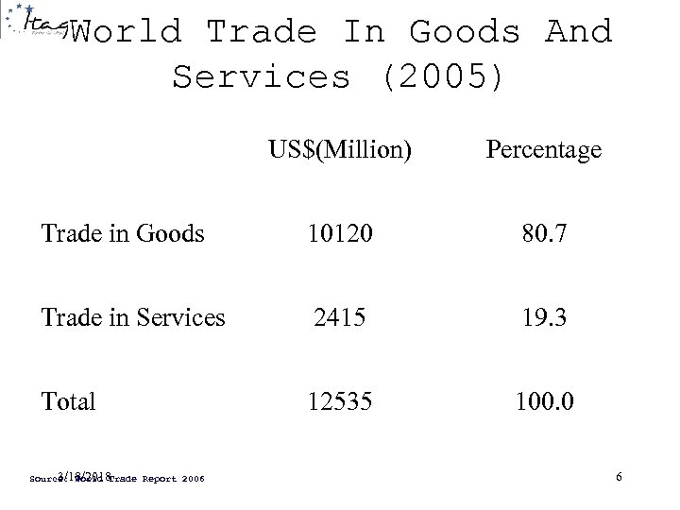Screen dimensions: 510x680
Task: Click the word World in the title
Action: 126,33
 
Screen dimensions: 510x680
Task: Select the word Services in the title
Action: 261,77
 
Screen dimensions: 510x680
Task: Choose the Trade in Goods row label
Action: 123,232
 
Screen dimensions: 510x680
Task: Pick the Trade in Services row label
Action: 133,316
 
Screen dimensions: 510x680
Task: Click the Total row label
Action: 68,401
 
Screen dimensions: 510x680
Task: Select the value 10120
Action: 340,232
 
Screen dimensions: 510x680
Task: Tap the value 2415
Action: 340,316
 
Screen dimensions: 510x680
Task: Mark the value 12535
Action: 340,401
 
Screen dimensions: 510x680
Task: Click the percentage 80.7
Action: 543,232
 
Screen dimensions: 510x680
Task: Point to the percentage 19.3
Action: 543,316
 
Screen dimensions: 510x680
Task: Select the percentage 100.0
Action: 543,401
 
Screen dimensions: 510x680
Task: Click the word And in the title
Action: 578,33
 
